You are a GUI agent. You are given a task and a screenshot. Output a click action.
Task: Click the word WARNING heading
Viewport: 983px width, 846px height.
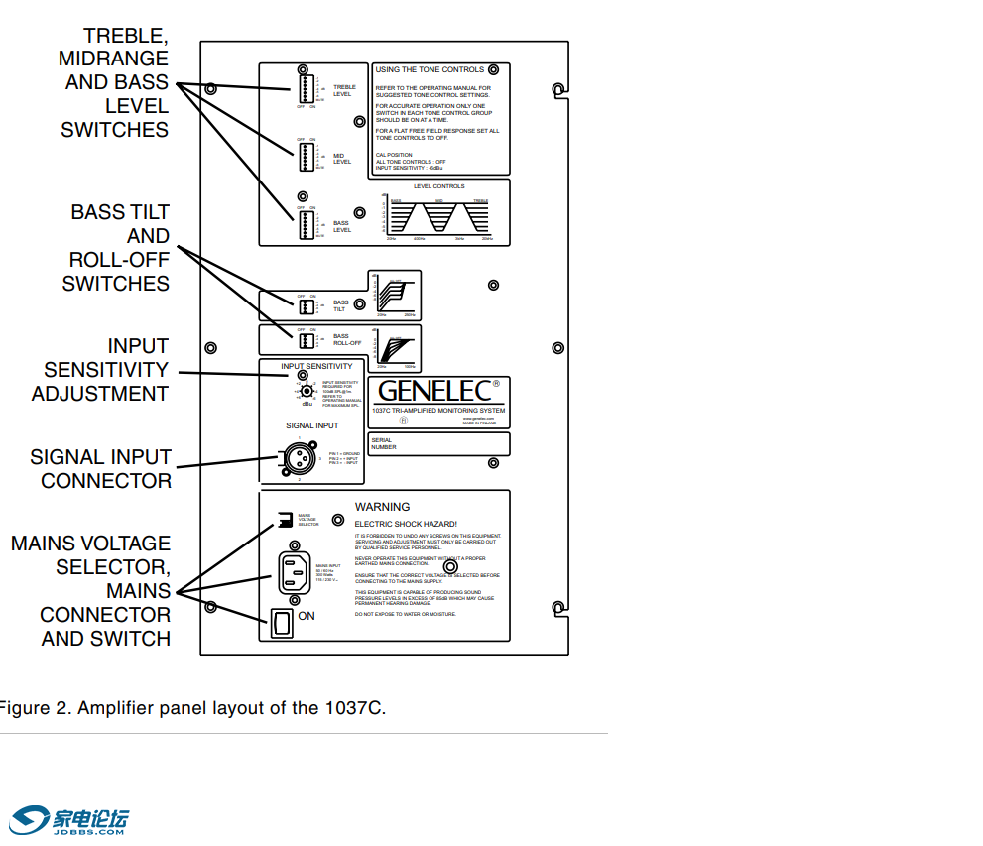pyautogui.click(x=382, y=507)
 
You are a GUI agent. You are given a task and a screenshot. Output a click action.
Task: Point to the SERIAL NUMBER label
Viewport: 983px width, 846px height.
pyautogui.click(x=383, y=443)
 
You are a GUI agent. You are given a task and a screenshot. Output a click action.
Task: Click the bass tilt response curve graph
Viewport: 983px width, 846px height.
pyautogui.click(x=394, y=295)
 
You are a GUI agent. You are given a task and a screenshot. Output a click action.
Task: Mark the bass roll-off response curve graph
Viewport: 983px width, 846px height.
pyautogui.click(x=394, y=348)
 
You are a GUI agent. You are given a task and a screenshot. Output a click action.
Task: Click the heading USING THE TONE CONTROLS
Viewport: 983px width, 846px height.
pyautogui.click(x=430, y=70)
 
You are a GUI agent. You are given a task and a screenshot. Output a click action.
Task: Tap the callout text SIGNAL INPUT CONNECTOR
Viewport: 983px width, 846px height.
pyautogui.click(x=101, y=469)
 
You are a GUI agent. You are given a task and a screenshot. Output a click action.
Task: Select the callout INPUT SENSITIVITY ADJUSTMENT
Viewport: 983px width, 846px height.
pyautogui.click(x=101, y=370)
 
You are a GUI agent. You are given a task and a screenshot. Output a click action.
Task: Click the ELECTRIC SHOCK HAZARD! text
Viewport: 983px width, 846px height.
pyautogui.click(x=406, y=523)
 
